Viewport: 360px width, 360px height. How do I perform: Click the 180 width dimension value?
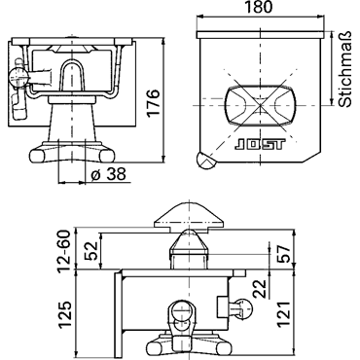coord(258,7)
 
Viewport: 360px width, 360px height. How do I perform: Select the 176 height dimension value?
coord(153,101)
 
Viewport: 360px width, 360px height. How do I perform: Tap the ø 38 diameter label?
coord(109,175)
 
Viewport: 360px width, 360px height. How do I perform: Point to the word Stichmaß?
coord(344,69)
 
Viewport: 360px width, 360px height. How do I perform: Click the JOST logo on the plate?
coord(260,145)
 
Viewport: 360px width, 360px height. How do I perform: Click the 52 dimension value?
coord(90,251)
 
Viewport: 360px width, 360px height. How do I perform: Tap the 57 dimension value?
coord(283,255)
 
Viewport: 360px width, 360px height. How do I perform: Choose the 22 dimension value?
coord(259,288)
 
